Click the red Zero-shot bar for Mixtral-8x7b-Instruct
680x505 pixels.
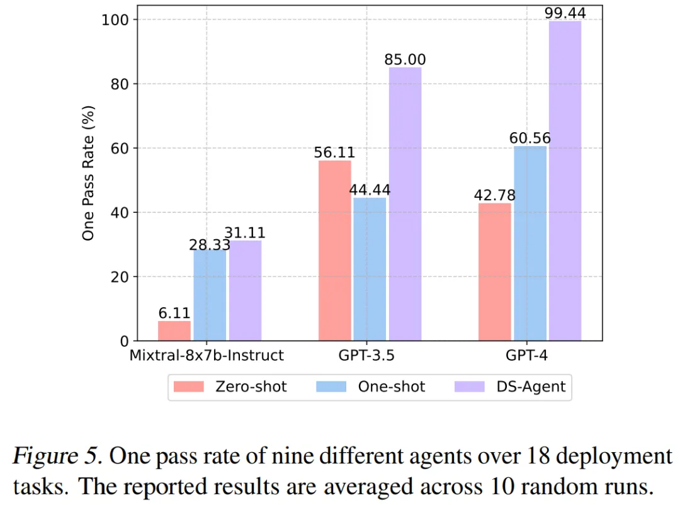click(x=174, y=331)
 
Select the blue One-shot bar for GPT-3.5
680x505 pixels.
click(x=370, y=270)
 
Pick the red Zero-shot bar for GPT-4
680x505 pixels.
click(x=494, y=272)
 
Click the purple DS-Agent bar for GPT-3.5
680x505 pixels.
click(x=405, y=205)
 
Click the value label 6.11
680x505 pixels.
click(x=174, y=313)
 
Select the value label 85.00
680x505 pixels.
click(x=405, y=60)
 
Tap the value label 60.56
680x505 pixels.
click(x=530, y=138)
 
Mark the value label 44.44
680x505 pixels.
click(x=370, y=190)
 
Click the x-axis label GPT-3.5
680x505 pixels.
click(x=370, y=356)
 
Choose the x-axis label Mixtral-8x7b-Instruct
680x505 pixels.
click(x=207, y=356)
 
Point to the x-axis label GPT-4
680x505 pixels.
click(x=530, y=356)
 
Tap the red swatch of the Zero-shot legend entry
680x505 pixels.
click(x=189, y=387)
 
